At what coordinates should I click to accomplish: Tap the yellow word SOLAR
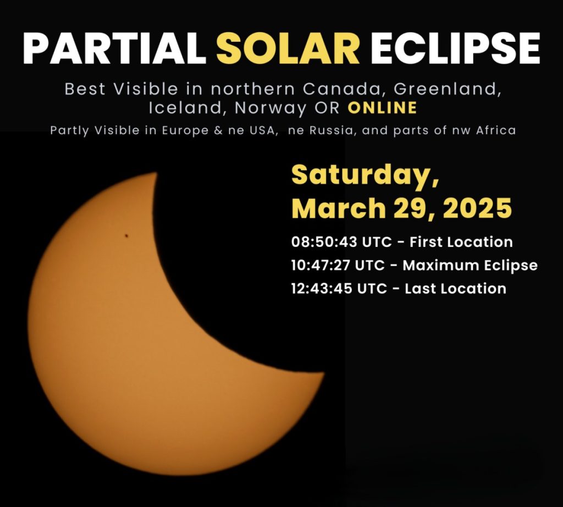288,48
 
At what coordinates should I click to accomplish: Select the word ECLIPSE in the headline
455,48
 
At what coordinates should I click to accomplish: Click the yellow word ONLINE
382,108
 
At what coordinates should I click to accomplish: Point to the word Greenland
448,89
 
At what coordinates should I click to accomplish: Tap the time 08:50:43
324,241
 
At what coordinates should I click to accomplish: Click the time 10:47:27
321,266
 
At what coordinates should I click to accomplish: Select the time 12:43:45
322,289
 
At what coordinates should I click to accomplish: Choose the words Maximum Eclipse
470,266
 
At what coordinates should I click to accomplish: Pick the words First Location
461,241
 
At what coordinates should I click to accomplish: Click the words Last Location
455,289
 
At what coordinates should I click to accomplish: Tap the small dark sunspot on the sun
126,236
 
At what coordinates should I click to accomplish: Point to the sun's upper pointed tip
157,173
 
